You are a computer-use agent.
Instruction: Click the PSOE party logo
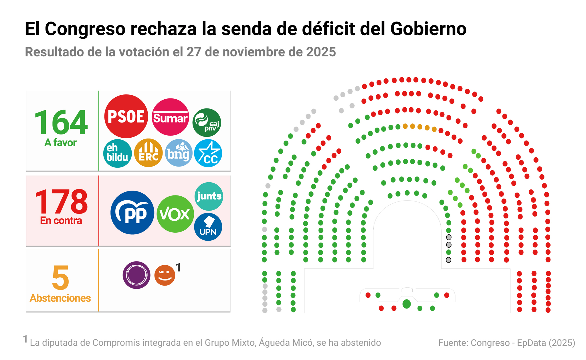[x=126, y=116]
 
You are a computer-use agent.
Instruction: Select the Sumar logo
[x=170, y=117]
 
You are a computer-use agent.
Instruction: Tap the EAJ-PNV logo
[x=207, y=122]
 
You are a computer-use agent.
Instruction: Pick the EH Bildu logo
[x=117, y=153]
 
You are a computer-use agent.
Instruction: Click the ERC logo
[x=148, y=153]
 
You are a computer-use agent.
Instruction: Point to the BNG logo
[x=179, y=153]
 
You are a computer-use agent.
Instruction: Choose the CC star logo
[x=208, y=153]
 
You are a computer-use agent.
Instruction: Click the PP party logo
[x=132, y=213]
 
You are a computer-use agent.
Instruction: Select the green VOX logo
[x=175, y=214]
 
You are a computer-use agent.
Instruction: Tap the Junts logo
[x=209, y=196]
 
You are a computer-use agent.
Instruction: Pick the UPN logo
[x=208, y=227]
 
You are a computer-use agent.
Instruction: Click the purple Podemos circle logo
[x=136, y=275]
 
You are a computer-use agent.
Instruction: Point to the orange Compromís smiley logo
[x=165, y=275]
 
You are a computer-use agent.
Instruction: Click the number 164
[x=61, y=122]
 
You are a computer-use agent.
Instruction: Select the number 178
[x=61, y=202]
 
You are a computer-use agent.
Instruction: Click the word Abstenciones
[x=60, y=298]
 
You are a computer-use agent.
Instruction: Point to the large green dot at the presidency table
[x=407, y=304]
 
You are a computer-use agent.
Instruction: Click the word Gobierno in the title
[x=428, y=29]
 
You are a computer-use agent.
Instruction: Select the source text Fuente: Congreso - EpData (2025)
[x=506, y=343]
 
